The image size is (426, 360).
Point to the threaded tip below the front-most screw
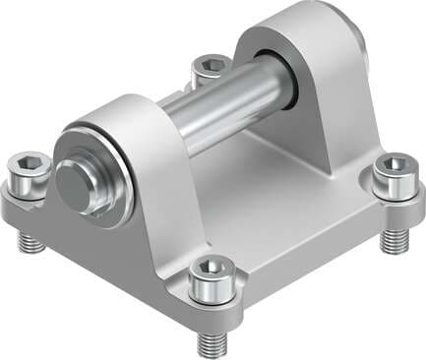pos(212,343)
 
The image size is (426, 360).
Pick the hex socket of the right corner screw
pos(394,163)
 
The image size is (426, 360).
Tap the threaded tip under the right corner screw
pos(395,239)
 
